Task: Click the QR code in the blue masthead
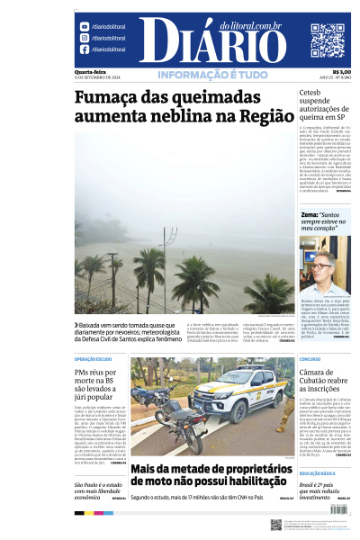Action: coord(327,40)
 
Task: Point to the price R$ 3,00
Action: coord(342,72)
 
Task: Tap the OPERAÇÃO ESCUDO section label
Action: coord(93,358)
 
